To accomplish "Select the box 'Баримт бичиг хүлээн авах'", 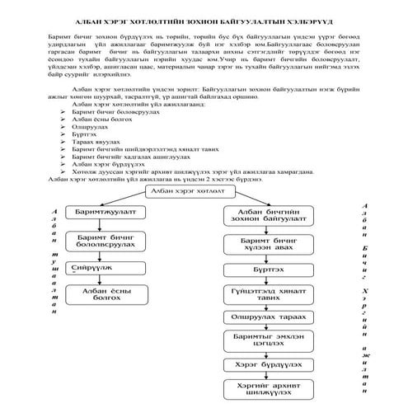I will pos(265,245).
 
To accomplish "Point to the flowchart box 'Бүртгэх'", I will pos(265,270).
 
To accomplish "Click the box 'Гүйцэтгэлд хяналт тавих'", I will pos(265,295).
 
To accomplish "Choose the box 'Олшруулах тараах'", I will pos(265,317).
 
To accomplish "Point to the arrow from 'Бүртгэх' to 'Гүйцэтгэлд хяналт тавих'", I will pos(265,280).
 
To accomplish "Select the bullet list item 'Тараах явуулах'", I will pos(96,141).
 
